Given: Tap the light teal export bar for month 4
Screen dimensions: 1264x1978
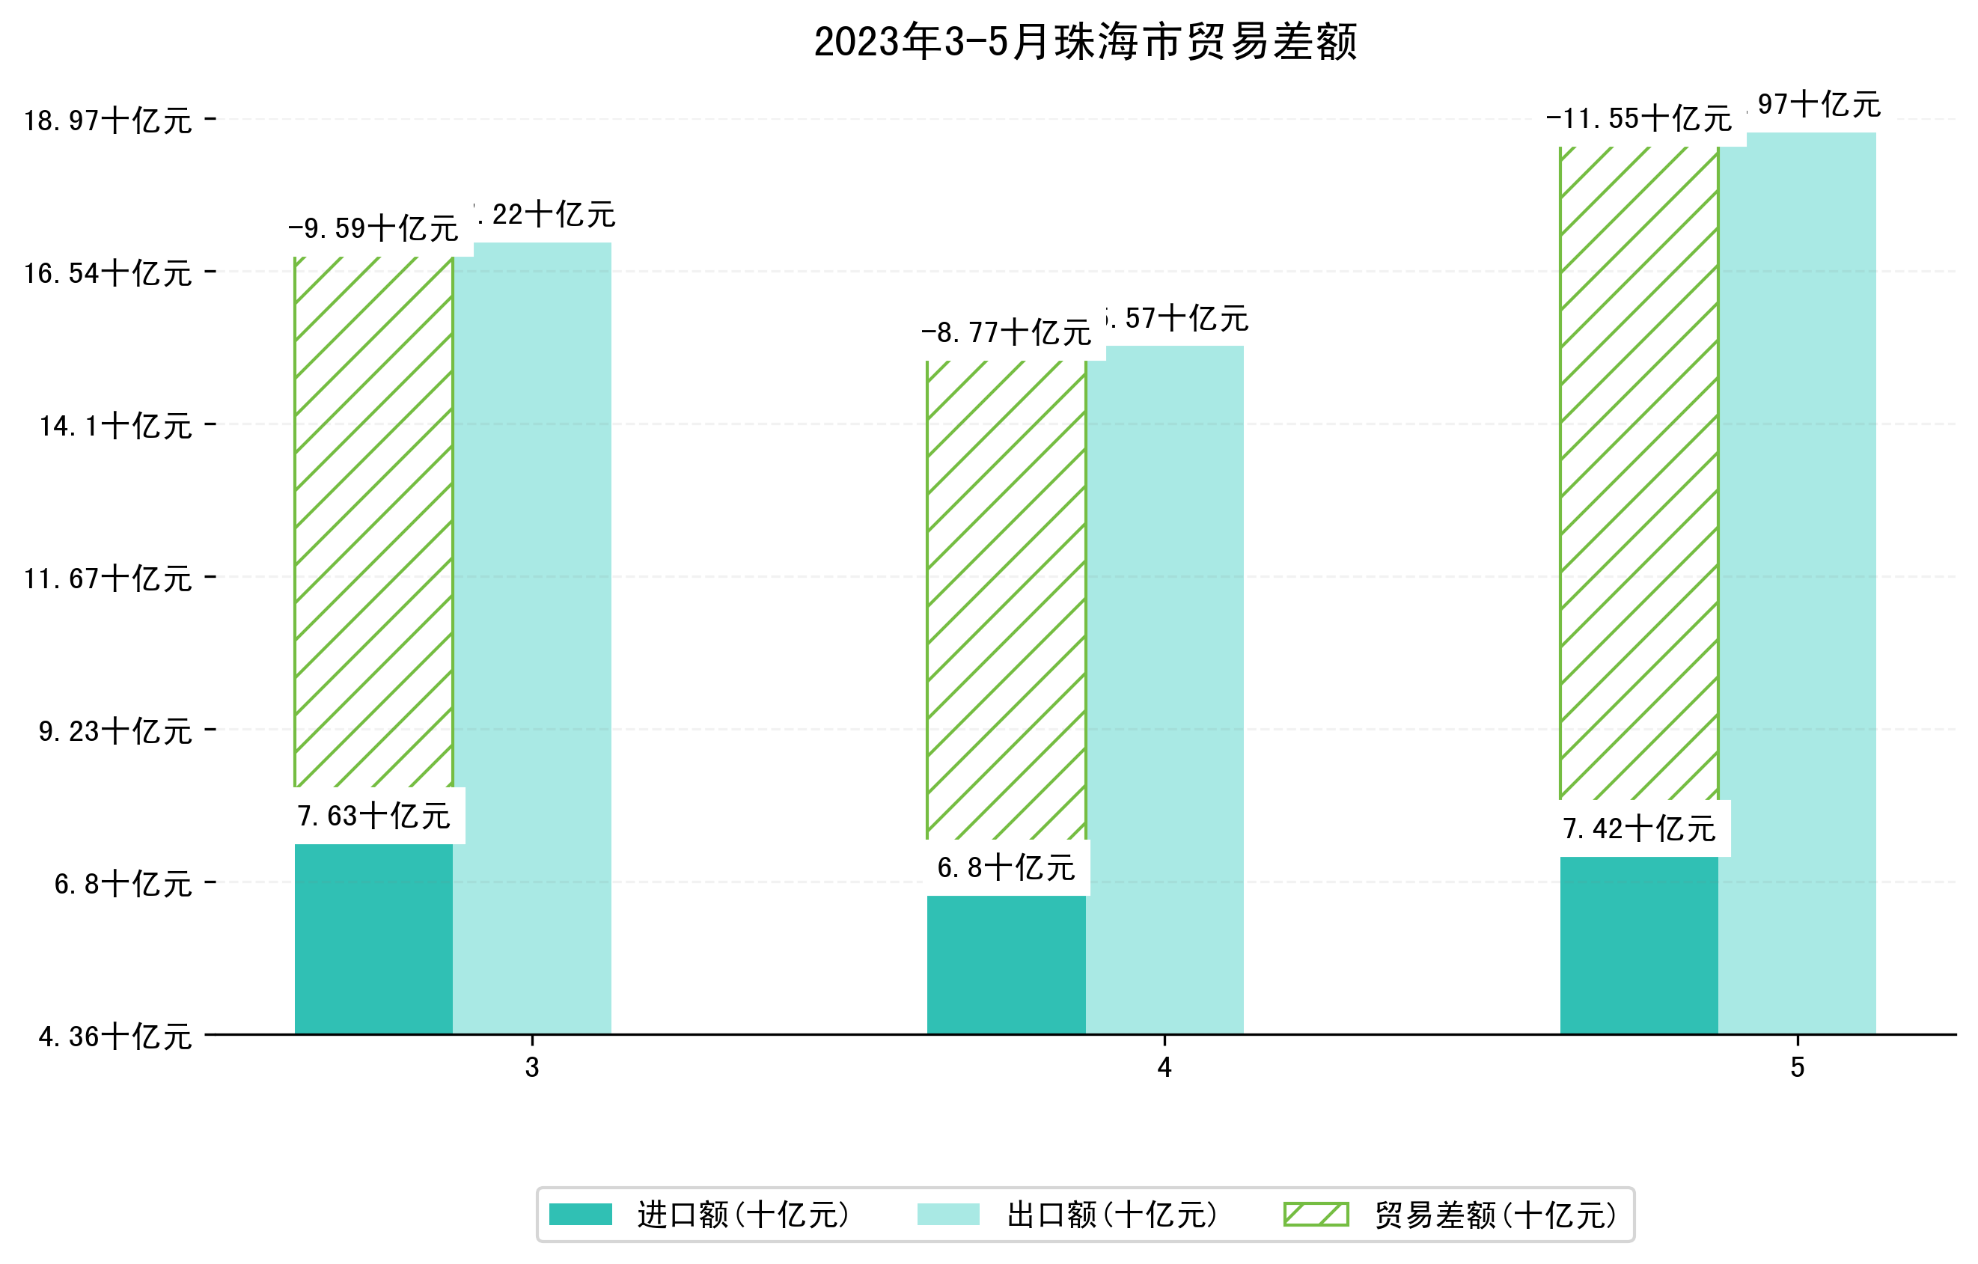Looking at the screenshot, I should point(1164,690).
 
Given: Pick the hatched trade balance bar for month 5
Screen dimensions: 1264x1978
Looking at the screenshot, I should point(1639,472).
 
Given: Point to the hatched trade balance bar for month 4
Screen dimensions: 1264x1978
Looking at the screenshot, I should point(1007,599).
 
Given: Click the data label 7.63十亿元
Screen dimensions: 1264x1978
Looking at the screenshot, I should point(373,816).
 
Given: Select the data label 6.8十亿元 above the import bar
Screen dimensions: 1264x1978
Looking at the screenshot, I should point(1007,867).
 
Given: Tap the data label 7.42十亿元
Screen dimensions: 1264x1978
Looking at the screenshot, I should point(1639,828).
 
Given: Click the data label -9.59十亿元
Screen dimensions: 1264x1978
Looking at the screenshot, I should point(373,228).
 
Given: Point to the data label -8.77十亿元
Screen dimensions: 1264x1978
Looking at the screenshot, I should point(1007,332).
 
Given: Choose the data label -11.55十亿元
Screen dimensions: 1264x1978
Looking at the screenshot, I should point(1639,119).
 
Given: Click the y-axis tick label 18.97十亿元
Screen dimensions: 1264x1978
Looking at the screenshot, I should point(108,120).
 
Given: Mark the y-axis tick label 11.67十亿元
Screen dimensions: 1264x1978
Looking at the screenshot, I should point(108,578).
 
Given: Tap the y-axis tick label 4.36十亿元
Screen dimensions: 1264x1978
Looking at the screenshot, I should point(115,1036).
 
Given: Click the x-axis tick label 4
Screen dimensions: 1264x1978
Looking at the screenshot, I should point(1164,1068).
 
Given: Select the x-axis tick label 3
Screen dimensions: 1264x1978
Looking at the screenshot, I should point(532,1068).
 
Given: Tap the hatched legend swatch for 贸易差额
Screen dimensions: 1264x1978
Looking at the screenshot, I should point(1316,1214).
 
